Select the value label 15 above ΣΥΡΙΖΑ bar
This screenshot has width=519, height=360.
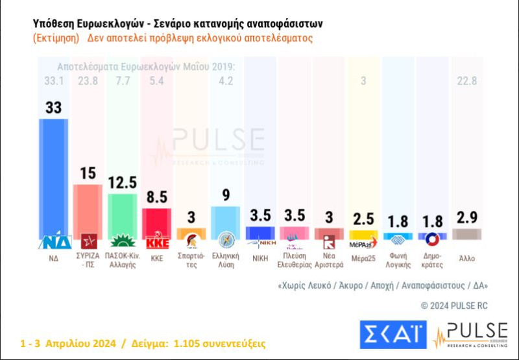coord(88,174)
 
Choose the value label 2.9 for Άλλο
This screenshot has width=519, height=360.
coord(466,217)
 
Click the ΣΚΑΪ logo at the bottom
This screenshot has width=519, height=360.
coord(392,335)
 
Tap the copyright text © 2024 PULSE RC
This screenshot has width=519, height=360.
coord(454,305)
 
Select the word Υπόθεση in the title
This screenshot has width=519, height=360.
coord(53,23)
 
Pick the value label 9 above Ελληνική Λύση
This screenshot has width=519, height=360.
coord(226,195)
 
